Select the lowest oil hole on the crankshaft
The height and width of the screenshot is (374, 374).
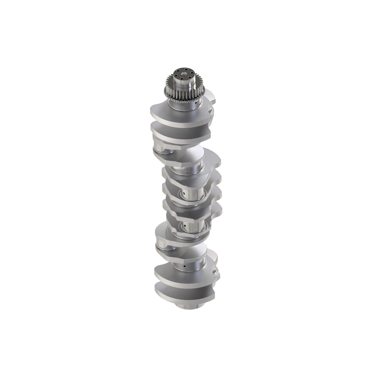tap(185, 267)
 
